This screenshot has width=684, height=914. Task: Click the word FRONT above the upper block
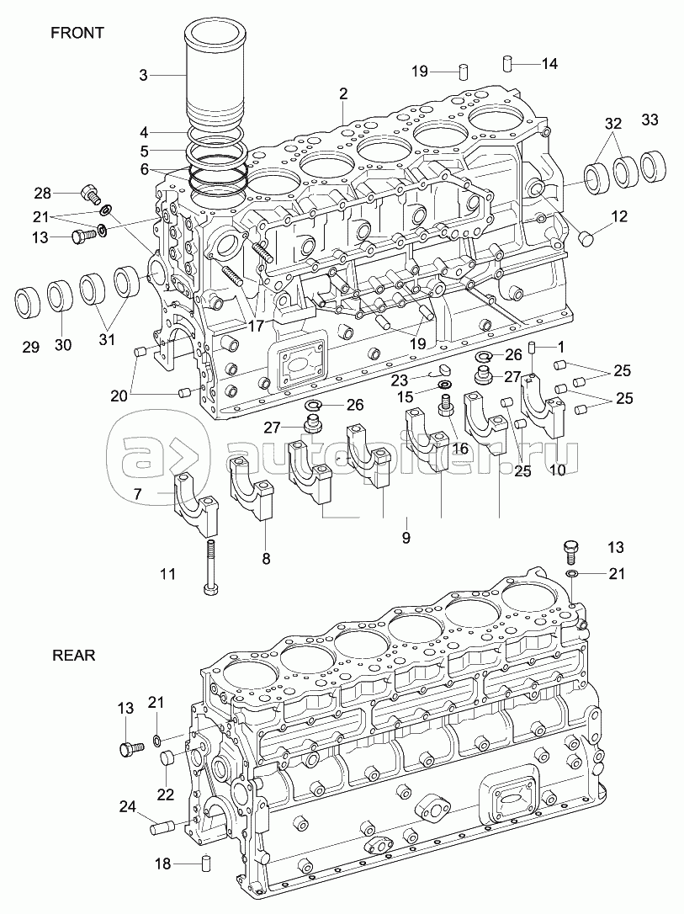77,33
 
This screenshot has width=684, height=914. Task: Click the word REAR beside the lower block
74,656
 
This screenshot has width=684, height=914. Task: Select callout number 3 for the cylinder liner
143,76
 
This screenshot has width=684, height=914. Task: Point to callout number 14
549,63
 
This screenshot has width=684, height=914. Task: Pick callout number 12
618,216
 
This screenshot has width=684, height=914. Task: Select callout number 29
31,347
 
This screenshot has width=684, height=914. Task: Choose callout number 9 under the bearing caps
406,537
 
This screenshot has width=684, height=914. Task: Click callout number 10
558,470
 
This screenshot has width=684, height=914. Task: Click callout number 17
255,325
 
